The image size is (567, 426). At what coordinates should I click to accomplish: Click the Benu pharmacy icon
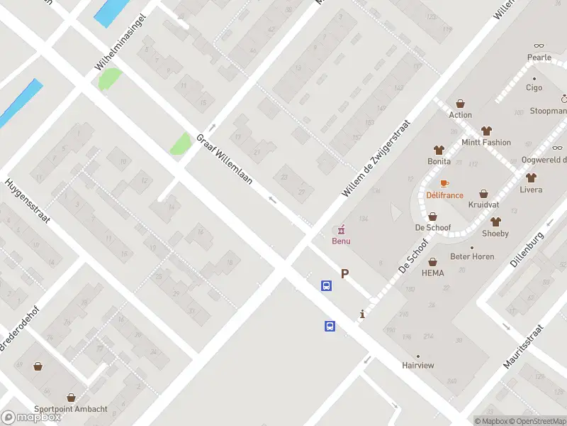click(x=341, y=229)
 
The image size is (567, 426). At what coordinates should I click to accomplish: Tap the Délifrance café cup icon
click(x=444, y=183)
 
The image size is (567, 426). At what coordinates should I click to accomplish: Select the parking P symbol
click(x=345, y=273)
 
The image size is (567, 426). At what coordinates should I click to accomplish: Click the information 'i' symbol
click(x=362, y=314)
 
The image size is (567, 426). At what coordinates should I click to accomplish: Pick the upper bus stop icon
click(x=326, y=286)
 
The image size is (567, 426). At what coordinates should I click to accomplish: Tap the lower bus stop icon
click(x=330, y=326)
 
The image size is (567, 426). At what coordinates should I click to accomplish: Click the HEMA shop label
click(x=432, y=273)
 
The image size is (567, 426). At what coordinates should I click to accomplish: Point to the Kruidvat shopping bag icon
click(x=484, y=193)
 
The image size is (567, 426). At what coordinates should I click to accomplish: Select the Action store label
click(x=460, y=115)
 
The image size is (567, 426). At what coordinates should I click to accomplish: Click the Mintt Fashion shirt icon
click(x=485, y=131)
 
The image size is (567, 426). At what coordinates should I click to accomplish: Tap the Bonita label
click(x=439, y=161)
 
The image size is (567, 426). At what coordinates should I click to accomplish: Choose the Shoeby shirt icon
click(x=495, y=222)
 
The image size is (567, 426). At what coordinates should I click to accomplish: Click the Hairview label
click(x=417, y=365)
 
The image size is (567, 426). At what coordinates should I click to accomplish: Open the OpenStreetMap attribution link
click(x=537, y=421)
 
